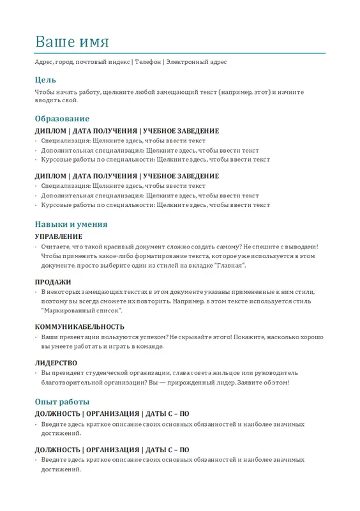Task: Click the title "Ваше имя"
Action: [x=72, y=42]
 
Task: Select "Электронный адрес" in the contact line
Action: [x=196, y=62]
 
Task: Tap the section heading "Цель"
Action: [x=45, y=80]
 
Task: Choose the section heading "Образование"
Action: [x=62, y=119]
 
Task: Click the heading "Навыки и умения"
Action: [x=71, y=224]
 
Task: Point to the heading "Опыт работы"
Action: [x=62, y=402]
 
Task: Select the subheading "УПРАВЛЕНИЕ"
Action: [x=59, y=236]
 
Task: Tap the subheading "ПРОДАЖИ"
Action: [x=53, y=282]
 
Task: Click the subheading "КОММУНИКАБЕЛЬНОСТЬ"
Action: [x=80, y=326]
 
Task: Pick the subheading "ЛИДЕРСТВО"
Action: [x=56, y=363]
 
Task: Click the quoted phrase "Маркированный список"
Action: [x=81, y=310]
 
